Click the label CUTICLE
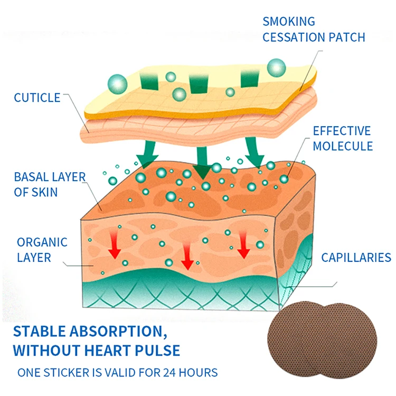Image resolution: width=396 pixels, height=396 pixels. point(37,98)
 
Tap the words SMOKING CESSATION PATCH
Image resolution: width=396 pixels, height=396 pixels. point(314,30)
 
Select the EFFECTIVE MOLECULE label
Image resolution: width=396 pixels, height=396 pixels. point(342,138)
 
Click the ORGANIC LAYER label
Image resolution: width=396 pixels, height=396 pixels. point(42,250)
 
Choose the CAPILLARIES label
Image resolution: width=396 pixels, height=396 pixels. point(356,258)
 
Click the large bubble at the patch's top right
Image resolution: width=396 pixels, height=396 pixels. point(276,67)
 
